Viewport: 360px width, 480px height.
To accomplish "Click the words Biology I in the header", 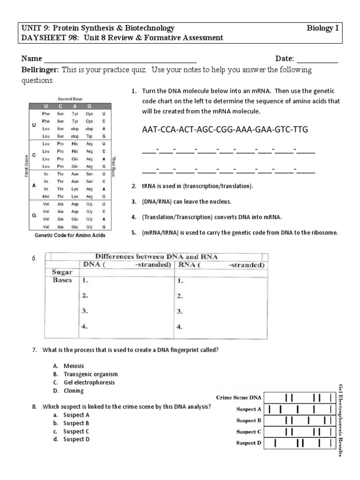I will pyautogui.click(x=322, y=29).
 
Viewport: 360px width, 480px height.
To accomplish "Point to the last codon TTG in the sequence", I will pyautogui.click(x=300, y=129).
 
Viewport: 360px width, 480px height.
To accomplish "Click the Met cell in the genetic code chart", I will pyautogui.click(x=46, y=195).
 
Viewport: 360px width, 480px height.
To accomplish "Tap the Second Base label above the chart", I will pyautogui.click(x=70, y=99).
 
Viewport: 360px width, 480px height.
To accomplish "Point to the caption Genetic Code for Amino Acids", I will pyautogui.click(x=70, y=236).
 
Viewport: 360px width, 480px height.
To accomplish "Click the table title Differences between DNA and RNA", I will pyautogui.click(x=157, y=256).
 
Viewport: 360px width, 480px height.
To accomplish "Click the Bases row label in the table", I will pyautogui.click(x=62, y=280).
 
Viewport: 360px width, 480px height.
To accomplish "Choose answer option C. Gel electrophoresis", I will pyautogui.click(x=84, y=382).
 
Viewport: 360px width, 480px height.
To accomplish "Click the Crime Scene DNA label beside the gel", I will pyautogui.click(x=239, y=397).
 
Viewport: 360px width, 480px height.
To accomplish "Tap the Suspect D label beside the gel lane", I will pyautogui.click(x=248, y=443).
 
